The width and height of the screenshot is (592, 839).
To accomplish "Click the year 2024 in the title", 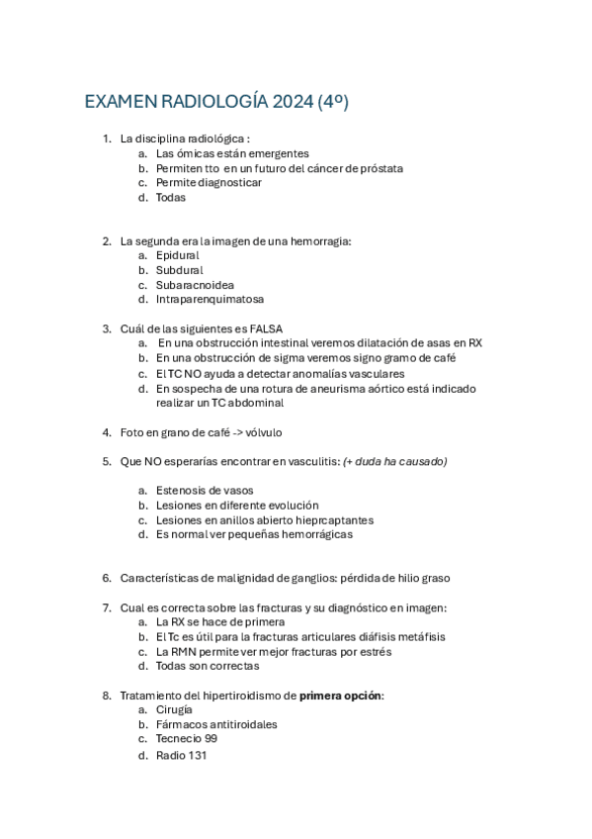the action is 292,102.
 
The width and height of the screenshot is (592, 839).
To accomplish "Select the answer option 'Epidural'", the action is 177,255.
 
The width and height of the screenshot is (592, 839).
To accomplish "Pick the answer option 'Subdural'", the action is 179,269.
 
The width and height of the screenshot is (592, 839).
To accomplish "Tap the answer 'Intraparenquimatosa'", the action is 210,299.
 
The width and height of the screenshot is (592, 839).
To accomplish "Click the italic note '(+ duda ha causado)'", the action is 394,461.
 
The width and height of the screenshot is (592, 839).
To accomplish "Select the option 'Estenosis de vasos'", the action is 205,490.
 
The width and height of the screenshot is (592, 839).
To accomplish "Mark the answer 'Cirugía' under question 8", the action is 174,709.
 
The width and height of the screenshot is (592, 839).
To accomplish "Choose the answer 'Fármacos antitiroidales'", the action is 216,724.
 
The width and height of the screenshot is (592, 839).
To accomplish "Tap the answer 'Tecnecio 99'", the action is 187,739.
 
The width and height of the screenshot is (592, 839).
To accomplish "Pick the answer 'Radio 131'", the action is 182,755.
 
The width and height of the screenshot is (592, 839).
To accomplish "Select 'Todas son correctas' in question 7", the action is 208,666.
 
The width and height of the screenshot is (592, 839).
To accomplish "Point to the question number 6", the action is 106,578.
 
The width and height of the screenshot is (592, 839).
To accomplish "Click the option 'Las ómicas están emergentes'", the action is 232,153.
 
